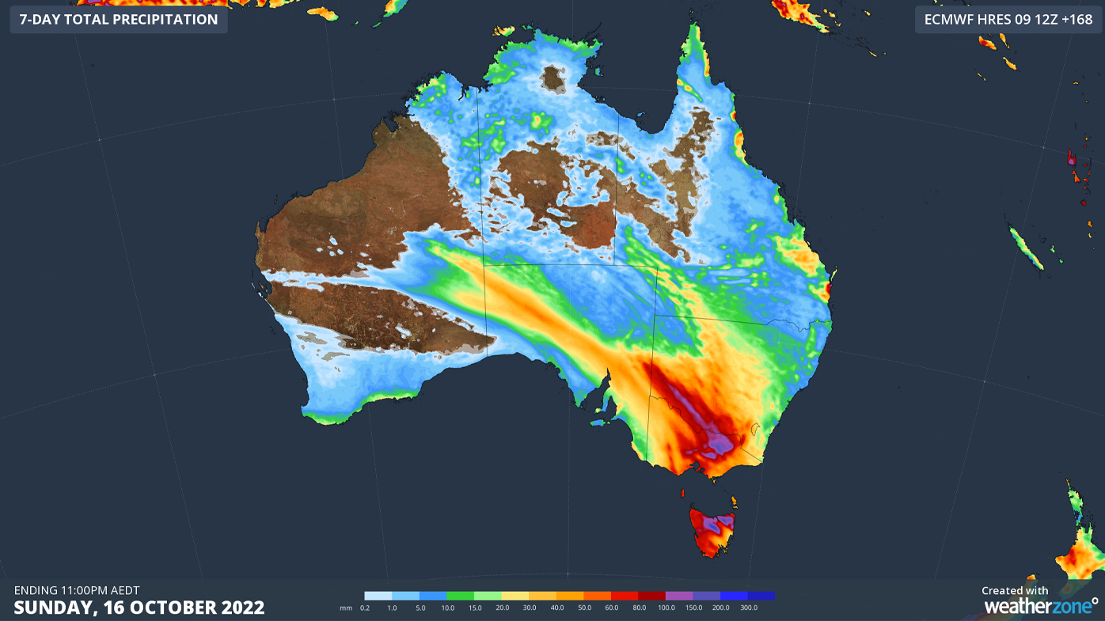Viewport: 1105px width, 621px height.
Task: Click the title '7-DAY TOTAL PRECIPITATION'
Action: click(x=118, y=19)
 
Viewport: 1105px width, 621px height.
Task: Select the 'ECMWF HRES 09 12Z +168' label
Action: click(x=1008, y=19)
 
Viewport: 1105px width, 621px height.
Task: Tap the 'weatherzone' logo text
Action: click(x=1037, y=606)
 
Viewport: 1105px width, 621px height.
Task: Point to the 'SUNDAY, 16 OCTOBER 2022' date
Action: click(x=139, y=608)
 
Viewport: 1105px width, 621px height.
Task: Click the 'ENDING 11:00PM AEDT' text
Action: click(x=77, y=590)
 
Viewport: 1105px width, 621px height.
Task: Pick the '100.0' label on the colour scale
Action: click(x=666, y=608)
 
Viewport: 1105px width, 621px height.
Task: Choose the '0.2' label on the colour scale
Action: click(x=365, y=608)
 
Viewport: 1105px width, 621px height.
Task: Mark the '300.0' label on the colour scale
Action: click(x=749, y=608)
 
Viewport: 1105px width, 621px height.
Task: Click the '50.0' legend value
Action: click(x=584, y=608)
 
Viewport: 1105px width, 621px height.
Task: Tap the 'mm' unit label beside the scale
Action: click(x=345, y=608)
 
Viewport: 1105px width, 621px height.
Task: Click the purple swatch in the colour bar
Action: click(x=679, y=596)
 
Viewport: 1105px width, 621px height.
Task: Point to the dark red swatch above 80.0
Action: click(x=651, y=596)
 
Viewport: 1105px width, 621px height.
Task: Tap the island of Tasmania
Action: click(x=712, y=531)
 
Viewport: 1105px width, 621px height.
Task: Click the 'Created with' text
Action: click(x=1015, y=590)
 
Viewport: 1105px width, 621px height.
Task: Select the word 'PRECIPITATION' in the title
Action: click(x=164, y=19)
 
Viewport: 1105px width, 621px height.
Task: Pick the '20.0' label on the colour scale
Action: click(x=502, y=608)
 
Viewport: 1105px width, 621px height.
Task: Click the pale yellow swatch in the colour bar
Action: click(x=515, y=596)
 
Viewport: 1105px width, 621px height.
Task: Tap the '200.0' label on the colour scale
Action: click(x=721, y=608)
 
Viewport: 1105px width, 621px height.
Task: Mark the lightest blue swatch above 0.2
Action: click(x=378, y=596)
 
